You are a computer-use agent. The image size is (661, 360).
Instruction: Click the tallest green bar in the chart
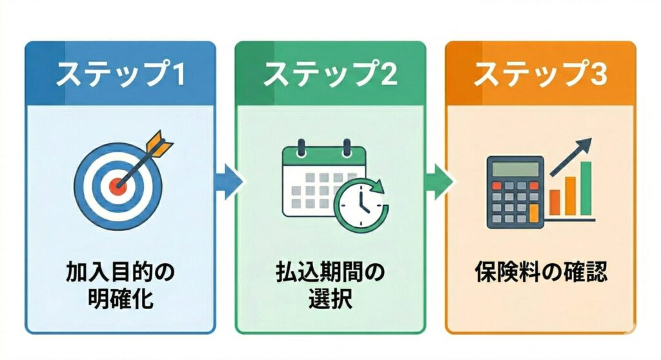[x=586, y=188]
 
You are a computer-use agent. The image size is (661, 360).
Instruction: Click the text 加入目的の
[x=120, y=273]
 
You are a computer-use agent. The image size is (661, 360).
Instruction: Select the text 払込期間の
[x=330, y=273]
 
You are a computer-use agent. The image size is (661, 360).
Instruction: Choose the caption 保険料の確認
[x=540, y=273]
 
